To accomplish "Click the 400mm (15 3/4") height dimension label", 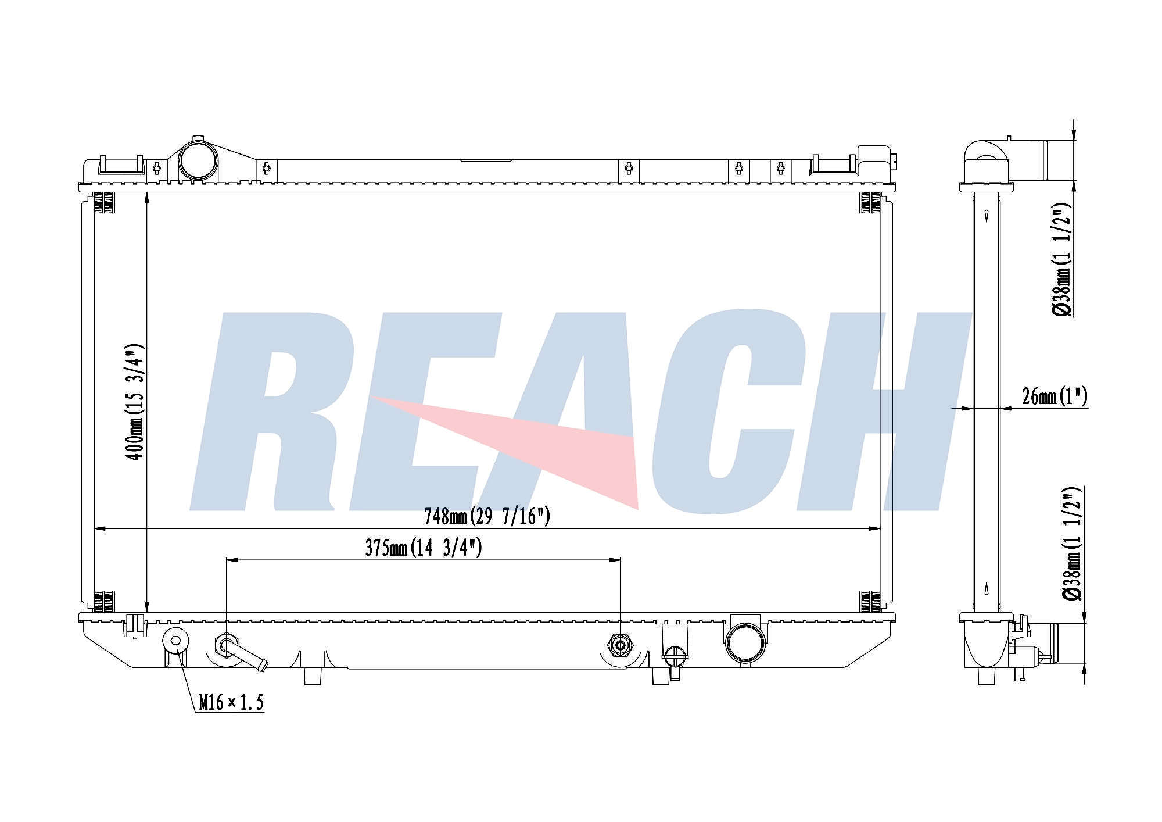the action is click(x=135, y=402).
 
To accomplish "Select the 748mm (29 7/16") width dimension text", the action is click(x=487, y=516).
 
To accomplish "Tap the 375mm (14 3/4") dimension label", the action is click(x=424, y=548).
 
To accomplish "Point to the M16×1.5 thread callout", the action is click(x=231, y=702).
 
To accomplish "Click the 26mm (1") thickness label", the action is click(x=1055, y=396).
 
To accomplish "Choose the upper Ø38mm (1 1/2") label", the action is click(x=1063, y=260).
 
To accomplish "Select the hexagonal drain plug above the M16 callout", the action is click(x=175, y=641).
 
